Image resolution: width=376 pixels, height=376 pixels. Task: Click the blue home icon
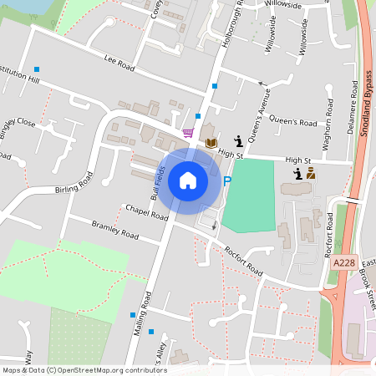[x=188, y=180]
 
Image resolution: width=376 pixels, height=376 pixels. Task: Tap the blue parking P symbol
[x=226, y=180]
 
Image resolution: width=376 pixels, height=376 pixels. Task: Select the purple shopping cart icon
[x=189, y=133]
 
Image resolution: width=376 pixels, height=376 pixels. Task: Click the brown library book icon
[x=211, y=143]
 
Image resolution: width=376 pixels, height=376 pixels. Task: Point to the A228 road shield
[x=343, y=262]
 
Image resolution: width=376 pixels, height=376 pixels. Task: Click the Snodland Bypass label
[x=366, y=104]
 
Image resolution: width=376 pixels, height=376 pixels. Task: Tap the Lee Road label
[x=119, y=61]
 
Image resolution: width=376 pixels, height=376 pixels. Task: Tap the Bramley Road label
[x=114, y=231]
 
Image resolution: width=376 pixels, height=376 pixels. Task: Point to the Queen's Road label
[x=297, y=123]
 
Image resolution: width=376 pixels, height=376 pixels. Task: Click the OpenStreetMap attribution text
[x=84, y=370]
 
